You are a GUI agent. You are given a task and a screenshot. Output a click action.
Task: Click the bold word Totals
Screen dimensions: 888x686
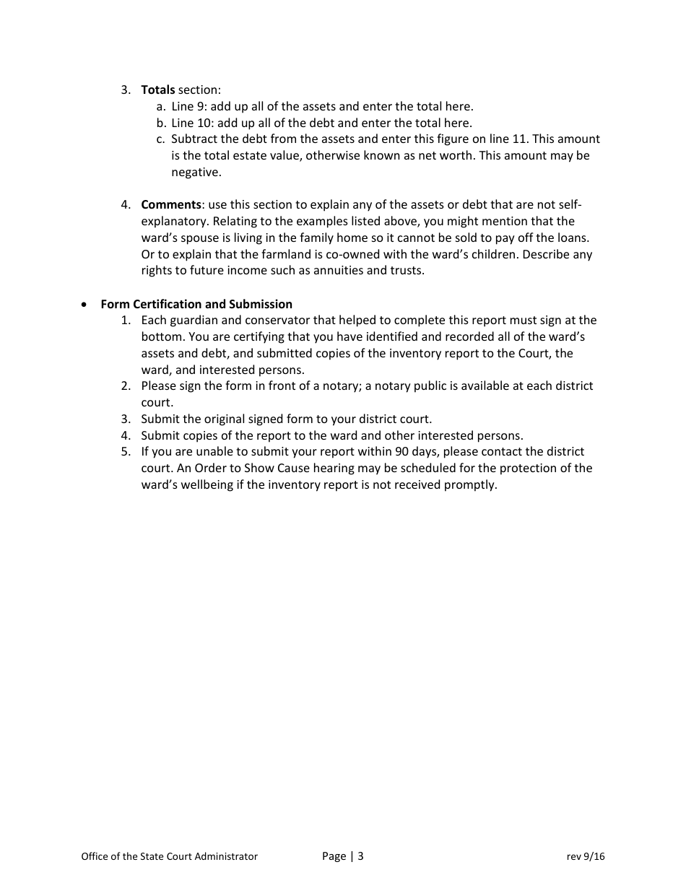click(x=157, y=90)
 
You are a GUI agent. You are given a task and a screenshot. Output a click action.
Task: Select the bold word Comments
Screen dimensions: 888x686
click(x=170, y=205)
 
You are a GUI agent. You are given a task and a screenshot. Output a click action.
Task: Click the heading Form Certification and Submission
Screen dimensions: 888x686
click(x=196, y=304)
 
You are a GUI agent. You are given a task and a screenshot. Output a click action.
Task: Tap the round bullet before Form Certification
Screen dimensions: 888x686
click(x=85, y=305)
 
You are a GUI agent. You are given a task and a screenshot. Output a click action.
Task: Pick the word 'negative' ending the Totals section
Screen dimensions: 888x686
click(x=196, y=173)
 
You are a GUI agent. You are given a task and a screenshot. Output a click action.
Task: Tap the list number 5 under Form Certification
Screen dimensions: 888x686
click(x=126, y=452)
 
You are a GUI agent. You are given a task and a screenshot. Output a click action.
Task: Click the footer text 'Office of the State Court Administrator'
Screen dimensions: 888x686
click(x=169, y=857)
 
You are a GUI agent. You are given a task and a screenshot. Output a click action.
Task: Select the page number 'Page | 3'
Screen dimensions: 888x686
click(x=342, y=857)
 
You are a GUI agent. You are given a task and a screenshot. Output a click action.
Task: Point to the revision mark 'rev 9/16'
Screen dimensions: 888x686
click(x=586, y=857)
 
